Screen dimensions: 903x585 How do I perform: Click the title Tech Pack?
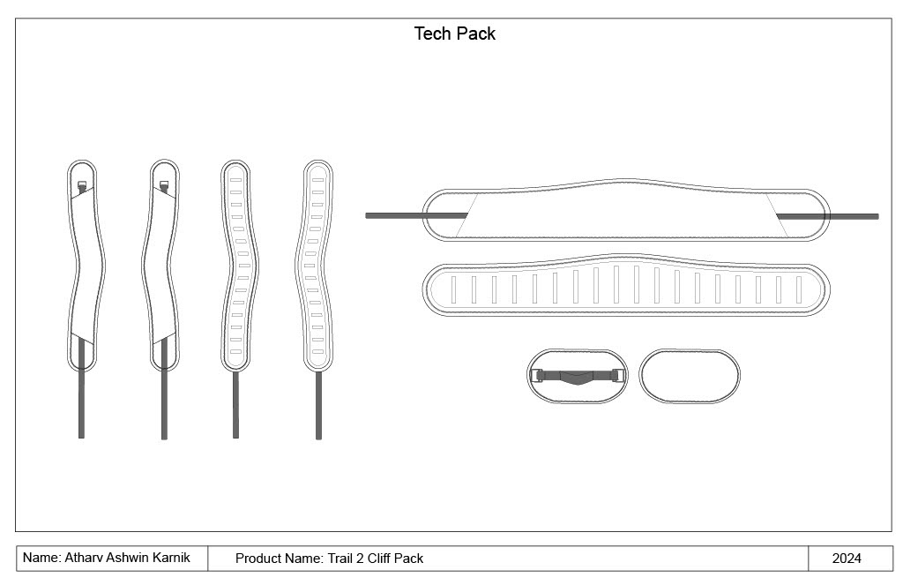(455, 34)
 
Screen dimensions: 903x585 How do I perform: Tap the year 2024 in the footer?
(847, 559)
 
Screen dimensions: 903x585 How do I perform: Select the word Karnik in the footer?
(168, 558)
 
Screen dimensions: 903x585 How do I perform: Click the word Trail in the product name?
(342, 559)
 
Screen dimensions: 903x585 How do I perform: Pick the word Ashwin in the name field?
(127, 558)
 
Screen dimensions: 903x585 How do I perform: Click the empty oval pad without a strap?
(689, 375)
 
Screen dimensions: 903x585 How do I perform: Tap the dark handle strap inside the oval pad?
(578, 377)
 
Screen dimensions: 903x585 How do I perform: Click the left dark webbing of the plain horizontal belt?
(414, 214)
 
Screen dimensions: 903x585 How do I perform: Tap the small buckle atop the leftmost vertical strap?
(82, 185)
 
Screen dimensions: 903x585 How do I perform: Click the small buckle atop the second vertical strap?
(164, 185)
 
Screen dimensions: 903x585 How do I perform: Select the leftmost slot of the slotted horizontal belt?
(453, 289)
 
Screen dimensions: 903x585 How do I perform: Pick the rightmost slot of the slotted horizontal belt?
(800, 289)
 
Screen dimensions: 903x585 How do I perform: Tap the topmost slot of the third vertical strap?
(235, 179)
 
